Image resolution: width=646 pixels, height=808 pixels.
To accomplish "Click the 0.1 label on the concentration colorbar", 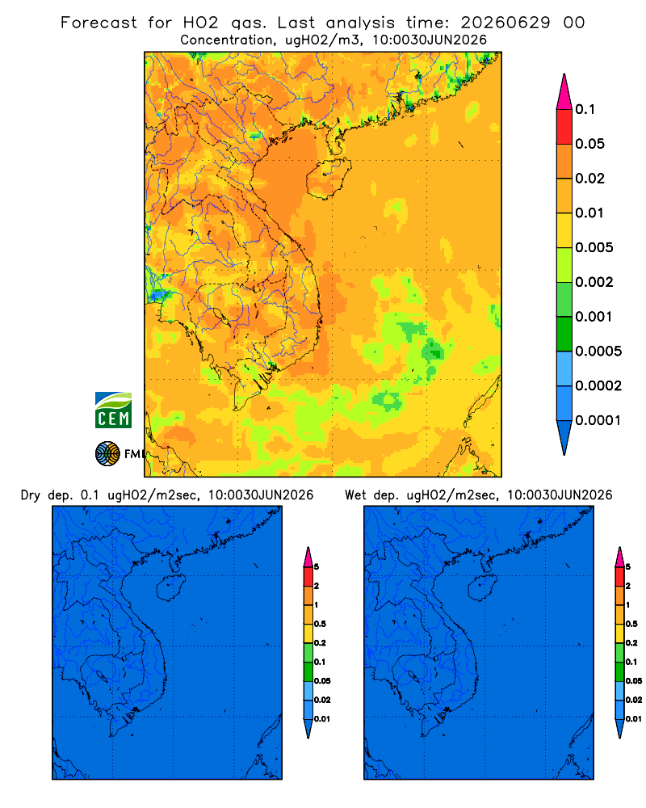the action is (x=585, y=109).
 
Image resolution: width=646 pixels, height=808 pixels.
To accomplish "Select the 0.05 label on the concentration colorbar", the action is (x=589, y=144).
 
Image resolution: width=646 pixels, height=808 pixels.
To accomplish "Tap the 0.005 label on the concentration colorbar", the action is (x=594, y=247).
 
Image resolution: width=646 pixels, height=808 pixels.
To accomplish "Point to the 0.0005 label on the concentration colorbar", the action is (x=598, y=351).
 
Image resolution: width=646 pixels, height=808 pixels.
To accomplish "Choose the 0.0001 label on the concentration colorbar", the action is (x=598, y=420).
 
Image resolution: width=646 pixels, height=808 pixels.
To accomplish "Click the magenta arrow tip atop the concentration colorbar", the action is (x=564, y=92).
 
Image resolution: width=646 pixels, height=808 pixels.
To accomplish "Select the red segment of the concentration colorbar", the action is (x=564, y=127).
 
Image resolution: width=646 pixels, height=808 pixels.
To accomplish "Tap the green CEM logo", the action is (x=113, y=410).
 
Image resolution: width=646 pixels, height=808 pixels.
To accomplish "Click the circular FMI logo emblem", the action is (x=107, y=454).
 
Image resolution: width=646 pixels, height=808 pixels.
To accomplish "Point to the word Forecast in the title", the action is (x=99, y=23).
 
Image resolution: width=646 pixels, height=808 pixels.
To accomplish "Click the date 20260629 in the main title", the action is (x=505, y=23).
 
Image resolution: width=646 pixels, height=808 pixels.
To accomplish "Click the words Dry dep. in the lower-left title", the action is (x=46, y=495).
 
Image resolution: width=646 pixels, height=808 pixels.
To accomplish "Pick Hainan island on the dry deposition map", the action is (x=170, y=587).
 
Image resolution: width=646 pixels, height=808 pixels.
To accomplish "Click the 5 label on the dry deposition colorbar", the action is (x=317, y=567).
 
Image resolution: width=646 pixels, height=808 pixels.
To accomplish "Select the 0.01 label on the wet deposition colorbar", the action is (x=634, y=719).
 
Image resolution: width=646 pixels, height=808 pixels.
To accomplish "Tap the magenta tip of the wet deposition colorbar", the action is (x=619, y=557).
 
